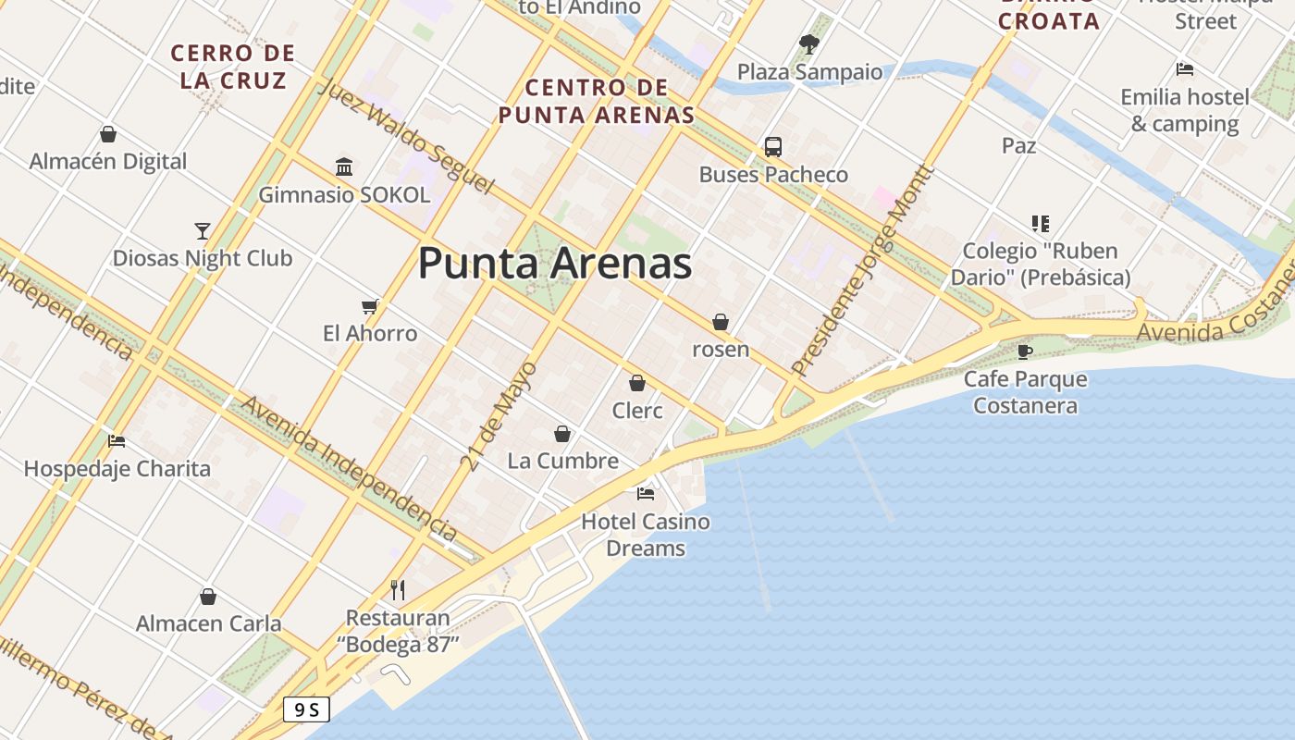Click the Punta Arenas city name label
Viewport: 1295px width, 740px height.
click(x=555, y=264)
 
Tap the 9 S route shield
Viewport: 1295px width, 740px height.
click(x=306, y=709)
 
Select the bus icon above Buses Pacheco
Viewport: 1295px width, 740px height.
click(x=772, y=146)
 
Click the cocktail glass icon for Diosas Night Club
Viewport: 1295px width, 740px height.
click(x=203, y=230)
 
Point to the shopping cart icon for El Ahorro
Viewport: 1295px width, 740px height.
click(x=370, y=306)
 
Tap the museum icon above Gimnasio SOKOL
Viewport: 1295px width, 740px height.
click(x=344, y=166)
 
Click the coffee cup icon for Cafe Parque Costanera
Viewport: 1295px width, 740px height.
click(x=1024, y=351)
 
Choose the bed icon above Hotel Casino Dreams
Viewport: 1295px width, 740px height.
click(x=646, y=493)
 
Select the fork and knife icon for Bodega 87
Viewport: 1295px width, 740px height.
click(x=398, y=589)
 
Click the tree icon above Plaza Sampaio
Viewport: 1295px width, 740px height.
click(x=809, y=43)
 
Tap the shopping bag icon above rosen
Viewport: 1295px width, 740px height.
click(x=721, y=322)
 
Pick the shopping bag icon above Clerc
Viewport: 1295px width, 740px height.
click(x=637, y=382)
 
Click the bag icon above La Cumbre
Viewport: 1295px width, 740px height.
click(x=562, y=433)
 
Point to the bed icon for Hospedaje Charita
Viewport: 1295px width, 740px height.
click(x=117, y=440)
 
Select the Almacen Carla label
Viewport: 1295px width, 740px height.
click(x=209, y=623)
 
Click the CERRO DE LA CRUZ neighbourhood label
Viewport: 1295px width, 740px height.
click(x=233, y=67)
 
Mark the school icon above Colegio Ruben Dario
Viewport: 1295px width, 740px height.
click(x=1041, y=223)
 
